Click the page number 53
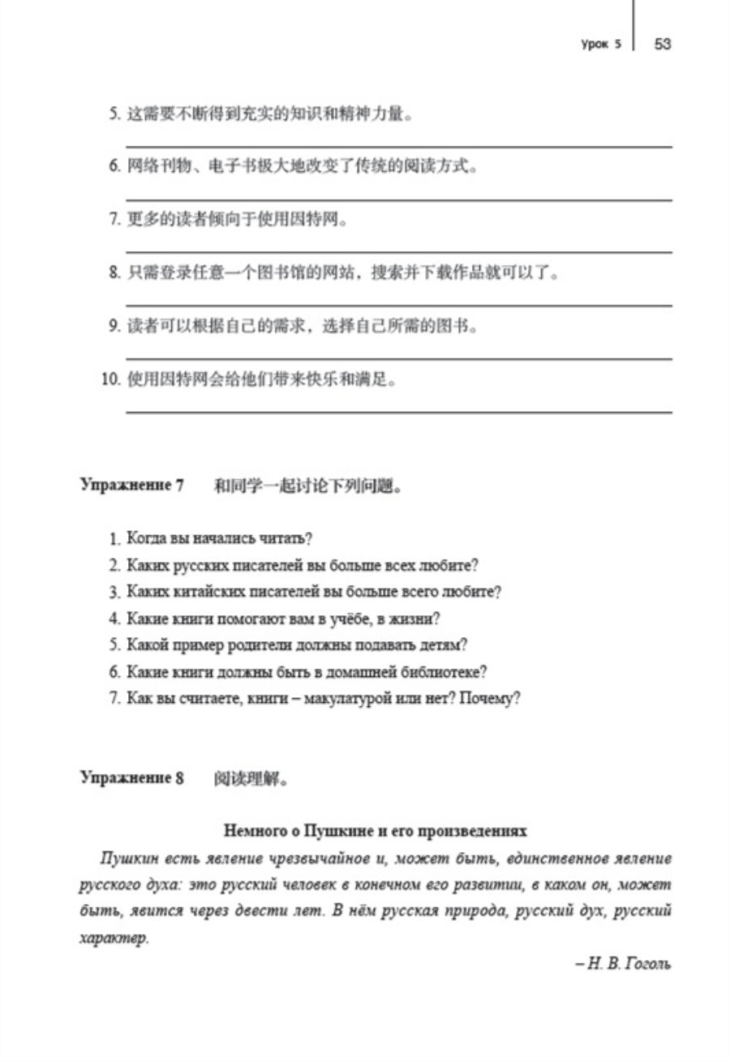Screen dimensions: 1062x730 [662, 44]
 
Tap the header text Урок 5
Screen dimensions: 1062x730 [601, 44]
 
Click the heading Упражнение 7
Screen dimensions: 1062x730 [132, 486]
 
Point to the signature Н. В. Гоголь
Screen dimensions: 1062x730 [623, 964]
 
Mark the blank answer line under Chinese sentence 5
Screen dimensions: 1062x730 [397, 146]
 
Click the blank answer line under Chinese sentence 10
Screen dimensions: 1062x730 [397, 412]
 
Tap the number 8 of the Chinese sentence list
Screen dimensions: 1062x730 [114, 273]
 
